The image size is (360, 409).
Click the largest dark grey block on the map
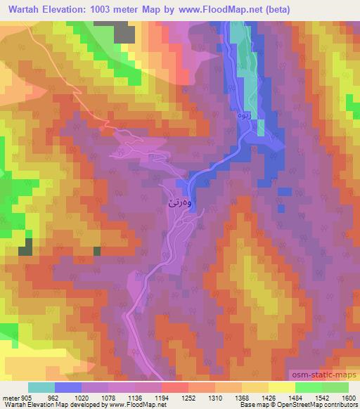(x=123, y=32)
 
